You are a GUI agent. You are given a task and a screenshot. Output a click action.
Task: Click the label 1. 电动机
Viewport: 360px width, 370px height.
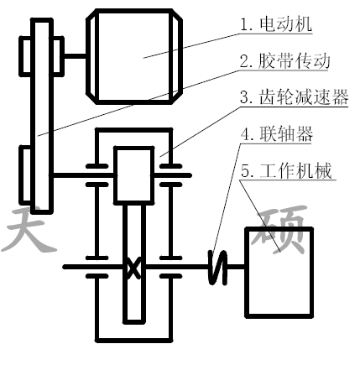(276, 24)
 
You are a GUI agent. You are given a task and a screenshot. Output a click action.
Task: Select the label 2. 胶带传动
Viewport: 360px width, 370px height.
(285, 60)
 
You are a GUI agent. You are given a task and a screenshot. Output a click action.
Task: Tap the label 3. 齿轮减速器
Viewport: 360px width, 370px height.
(294, 97)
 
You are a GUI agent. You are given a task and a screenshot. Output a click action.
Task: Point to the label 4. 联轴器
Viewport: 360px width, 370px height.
(277, 133)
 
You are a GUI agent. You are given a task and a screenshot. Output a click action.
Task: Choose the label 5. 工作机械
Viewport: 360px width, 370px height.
(286, 170)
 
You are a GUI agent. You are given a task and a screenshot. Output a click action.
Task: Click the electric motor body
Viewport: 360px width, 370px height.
(134, 56)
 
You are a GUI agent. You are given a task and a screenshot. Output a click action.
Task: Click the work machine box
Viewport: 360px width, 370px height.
(279, 273)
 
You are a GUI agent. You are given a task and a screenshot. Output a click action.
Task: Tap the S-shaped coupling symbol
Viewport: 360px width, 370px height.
(217, 268)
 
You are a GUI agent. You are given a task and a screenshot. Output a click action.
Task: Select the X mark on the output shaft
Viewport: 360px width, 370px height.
(134, 268)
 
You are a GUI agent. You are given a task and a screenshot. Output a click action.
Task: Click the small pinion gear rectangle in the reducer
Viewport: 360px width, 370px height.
(134, 175)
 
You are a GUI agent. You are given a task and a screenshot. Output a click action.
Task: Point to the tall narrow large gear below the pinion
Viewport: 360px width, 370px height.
(134, 263)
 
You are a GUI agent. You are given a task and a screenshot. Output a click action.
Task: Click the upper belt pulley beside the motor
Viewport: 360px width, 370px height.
(41, 56)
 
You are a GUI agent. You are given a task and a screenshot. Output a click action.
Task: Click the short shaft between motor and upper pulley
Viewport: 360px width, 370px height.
(75, 56)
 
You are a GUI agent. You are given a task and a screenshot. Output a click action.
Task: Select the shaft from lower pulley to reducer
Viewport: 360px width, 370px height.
(82, 175)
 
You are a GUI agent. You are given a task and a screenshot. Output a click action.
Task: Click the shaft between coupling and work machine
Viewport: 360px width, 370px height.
(236, 267)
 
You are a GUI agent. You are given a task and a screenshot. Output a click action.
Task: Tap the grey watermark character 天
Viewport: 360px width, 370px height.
(28, 230)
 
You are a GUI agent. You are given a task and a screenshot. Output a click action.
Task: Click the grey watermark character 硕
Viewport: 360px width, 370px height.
(279, 229)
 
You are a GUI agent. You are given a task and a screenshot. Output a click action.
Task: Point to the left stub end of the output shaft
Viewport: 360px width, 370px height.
(65, 267)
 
